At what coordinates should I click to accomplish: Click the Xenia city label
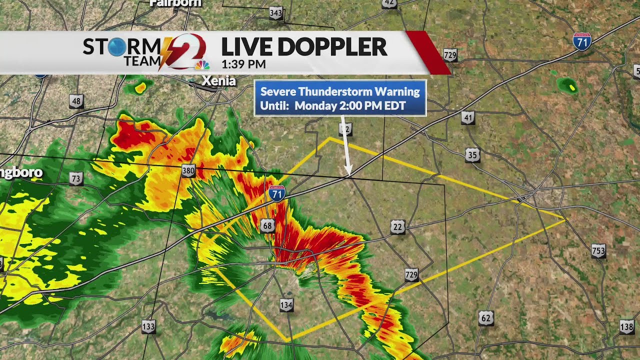point(218,80)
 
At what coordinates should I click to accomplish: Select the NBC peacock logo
point(202,65)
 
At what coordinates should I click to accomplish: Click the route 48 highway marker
point(76,102)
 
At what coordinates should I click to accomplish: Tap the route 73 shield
point(75,178)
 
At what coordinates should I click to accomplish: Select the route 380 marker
point(188,171)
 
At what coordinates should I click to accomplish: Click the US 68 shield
point(267,226)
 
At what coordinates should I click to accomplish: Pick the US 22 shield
point(397,227)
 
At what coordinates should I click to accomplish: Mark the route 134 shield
point(286,304)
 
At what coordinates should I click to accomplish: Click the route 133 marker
point(148,327)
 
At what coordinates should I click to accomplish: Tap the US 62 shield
point(486,318)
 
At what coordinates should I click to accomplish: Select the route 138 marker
point(626,326)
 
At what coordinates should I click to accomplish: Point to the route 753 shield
point(598,251)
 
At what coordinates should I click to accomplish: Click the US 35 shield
point(472,155)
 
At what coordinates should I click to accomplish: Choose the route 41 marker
point(467,118)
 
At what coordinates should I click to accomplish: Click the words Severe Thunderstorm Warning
point(340,91)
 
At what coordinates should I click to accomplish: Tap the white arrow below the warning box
point(345,145)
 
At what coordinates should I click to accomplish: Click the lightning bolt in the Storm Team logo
point(165,53)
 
